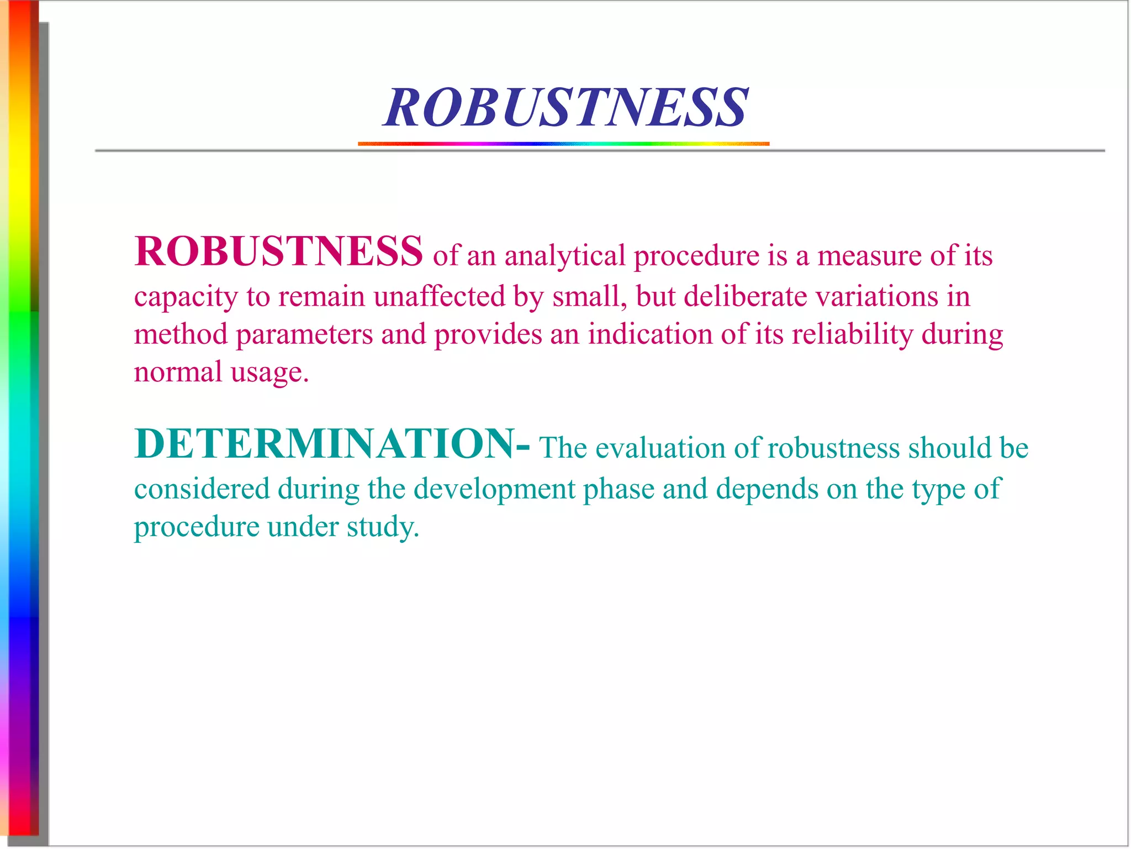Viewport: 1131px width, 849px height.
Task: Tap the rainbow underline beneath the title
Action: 563,144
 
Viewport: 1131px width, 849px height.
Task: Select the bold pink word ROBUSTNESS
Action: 279,251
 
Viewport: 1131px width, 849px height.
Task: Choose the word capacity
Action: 186,297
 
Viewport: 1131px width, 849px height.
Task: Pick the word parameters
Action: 304,335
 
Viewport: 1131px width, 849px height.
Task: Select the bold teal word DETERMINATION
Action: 325,444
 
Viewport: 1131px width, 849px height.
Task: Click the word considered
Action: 202,489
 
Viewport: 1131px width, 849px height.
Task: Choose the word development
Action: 494,489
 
